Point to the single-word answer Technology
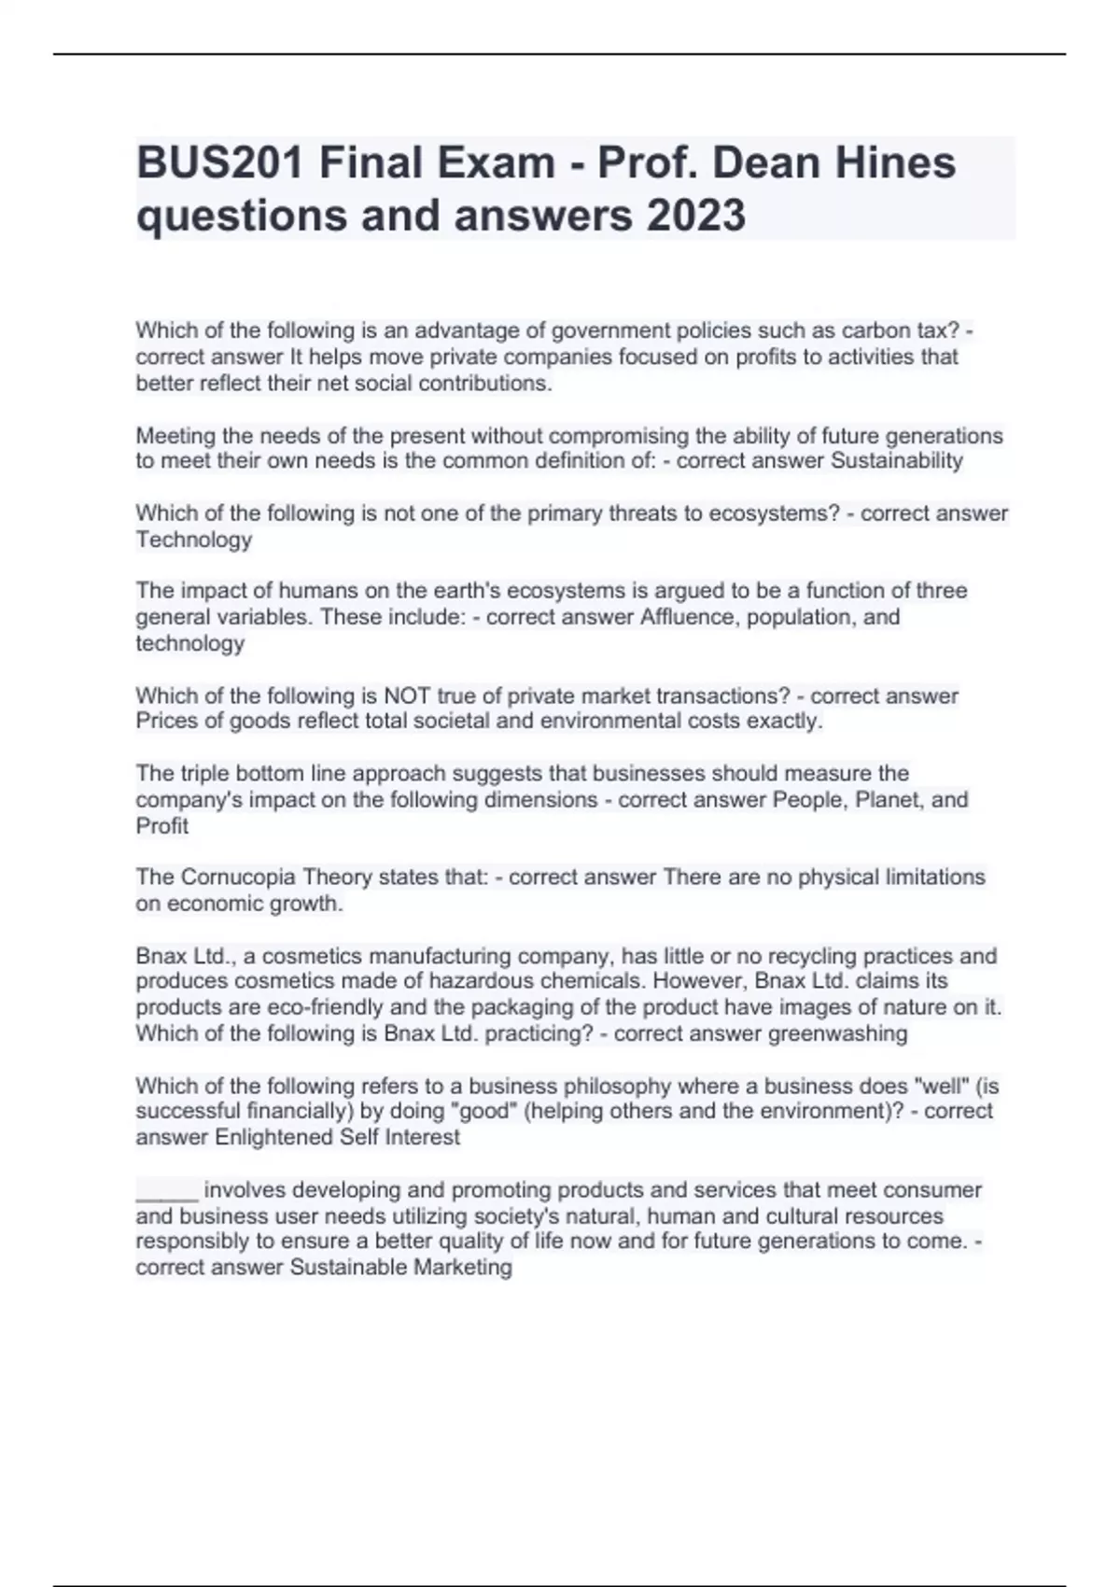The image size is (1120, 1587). point(194,540)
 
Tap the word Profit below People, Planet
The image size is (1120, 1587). point(162,826)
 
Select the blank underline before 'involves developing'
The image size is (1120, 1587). point(167,1191)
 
